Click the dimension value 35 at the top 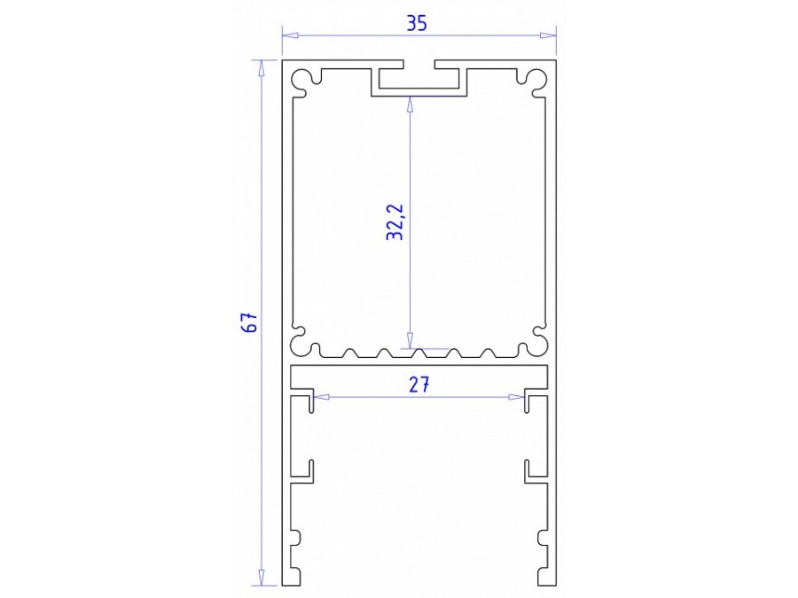(x=418, y=23)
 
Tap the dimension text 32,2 (x=395, y=221)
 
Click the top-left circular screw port (x=305, y=80)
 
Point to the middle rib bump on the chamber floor (x=419, y=353)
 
